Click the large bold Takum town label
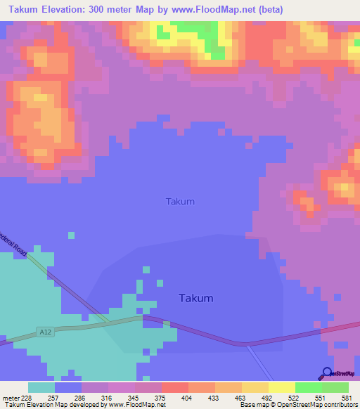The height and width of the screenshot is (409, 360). pos(195,298)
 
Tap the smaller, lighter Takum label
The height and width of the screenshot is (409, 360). pos(180,202)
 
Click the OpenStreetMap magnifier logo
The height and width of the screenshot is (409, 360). pos(327,374)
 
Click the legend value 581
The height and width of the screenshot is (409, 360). pos(347,397)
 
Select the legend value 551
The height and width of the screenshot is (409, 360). pos(321,397)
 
